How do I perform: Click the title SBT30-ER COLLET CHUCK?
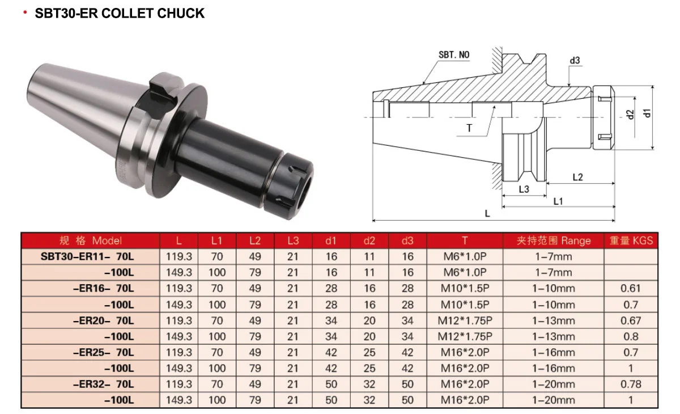pyautogui.click(x=119, y=14)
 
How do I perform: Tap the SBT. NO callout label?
pyautogui.click(x=454, y=55)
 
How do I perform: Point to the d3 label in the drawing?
pyautogui.click(x=575, y=61)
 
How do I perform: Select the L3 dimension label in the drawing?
pyautogui.click(x=524, y=189)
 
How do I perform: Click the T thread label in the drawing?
pyautogui.click(x=469, y=128)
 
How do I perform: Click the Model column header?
pyautogui.click(x=91, y=240)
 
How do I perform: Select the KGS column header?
pyautogui.click(x=631, y=240)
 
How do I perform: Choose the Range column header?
pyautogui.click(x=553, y=240)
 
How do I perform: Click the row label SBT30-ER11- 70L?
pyautogui.click(x=88, y=256)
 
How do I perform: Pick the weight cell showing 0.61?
pyautogui.click(x=630, y=288)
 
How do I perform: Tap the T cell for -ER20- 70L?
pyautogui.click(x=465, y=320)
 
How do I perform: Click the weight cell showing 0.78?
pyautogui.click(x=630, y=384)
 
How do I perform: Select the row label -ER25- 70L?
pyautogui.click(x=104, y=352)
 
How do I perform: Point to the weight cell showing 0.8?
pyautogui.click(x=630, y=336)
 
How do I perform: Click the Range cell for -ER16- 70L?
pyautogui.click(x=553, y=288)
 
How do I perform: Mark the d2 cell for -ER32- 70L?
pyautogui.click(x=369, y=384)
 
